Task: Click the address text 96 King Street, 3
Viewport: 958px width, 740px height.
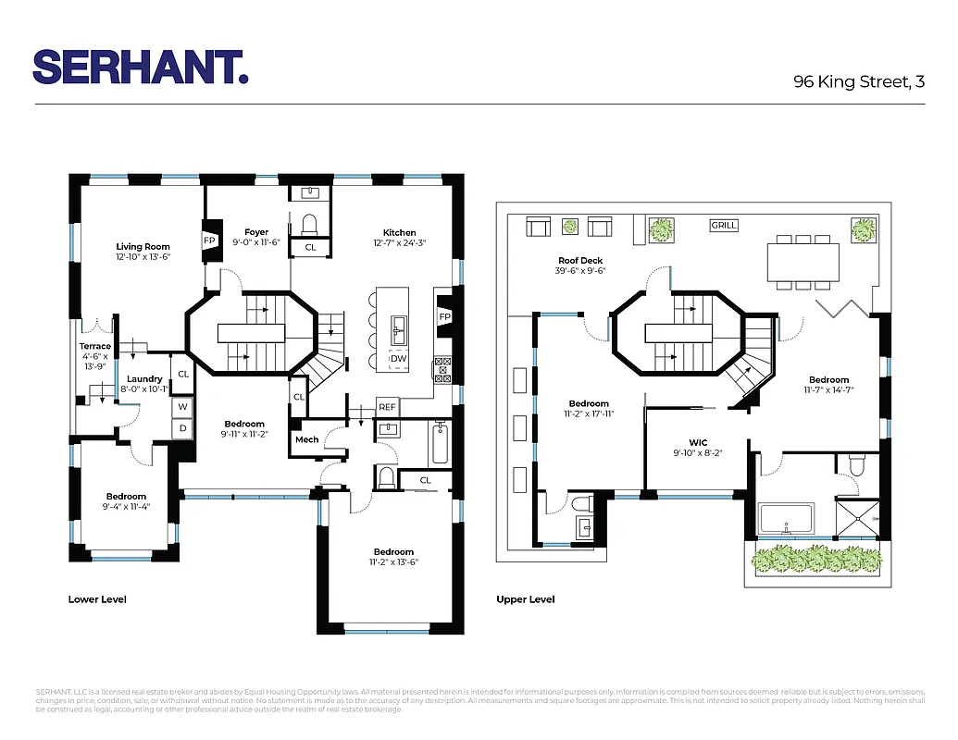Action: pos(859,81)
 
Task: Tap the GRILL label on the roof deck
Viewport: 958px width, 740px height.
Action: pos(724,225)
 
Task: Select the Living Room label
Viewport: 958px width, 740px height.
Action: pos(143,246)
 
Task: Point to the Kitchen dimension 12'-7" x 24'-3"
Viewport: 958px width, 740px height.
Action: pos(399,244)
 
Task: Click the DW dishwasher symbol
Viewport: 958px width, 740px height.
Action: pos(398,358)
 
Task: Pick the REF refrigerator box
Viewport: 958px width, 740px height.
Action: pos(387,407)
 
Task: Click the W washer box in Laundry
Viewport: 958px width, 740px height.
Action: pos(182,407)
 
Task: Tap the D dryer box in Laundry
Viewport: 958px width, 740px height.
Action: pos(182,428)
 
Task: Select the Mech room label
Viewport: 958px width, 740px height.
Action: pos(306,439)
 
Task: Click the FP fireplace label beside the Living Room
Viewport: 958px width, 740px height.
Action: pos(209,240)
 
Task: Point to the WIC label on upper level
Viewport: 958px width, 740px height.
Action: pos(698,442)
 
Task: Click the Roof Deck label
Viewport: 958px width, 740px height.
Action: pos(581,261)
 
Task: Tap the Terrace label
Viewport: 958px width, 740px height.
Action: pos(94,347)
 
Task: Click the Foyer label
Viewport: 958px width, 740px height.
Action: pos(256,232)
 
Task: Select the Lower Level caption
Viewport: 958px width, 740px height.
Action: pos(97,599)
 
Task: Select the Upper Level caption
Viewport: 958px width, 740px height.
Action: pos(526,599)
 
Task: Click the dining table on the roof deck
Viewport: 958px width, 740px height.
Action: pos(802,261)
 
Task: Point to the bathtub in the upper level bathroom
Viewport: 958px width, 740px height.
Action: pos(786,519)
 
